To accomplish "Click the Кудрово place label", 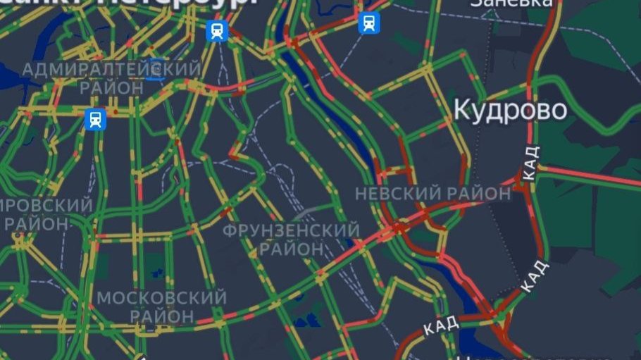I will [510, 110].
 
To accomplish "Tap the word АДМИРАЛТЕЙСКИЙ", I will [111, 70].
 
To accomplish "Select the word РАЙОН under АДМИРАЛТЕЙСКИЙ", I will [111, 88].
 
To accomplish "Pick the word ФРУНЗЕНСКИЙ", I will [292, 230].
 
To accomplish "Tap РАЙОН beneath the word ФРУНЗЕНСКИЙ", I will [292, 249].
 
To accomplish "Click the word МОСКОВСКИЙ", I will [161, 297].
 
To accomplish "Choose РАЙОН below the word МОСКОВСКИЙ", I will [161, 316].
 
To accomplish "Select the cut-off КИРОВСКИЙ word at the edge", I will [46, 206].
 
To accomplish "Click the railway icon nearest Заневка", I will [368, 23].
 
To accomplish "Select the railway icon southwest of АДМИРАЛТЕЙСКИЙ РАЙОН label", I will [95, 119].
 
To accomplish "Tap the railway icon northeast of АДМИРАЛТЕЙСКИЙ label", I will [217, 31].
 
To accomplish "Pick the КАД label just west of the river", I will [442, 325].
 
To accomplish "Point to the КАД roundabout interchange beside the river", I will [502, 310].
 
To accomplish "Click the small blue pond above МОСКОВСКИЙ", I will [156, 266].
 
